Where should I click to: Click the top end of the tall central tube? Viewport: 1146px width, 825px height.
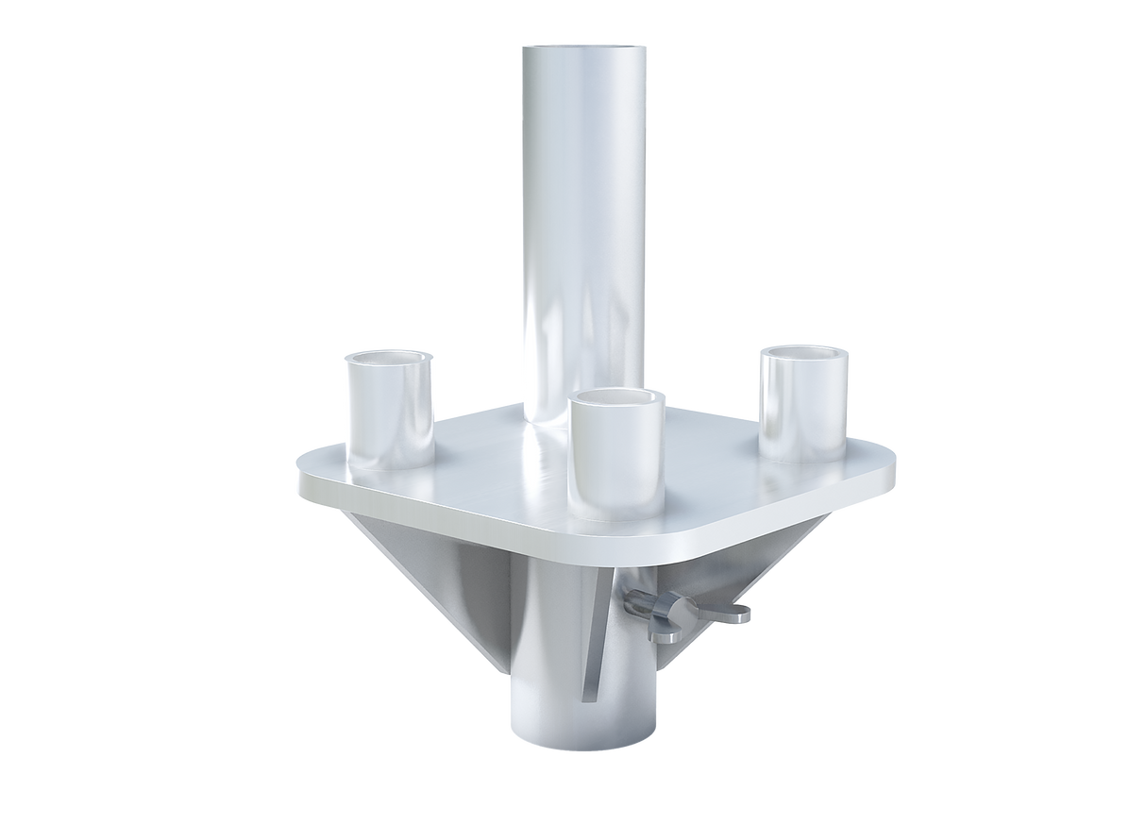click(583, 49)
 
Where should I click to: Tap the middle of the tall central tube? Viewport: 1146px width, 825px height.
click(583, 236)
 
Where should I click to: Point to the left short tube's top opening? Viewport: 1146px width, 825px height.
click(389, 359)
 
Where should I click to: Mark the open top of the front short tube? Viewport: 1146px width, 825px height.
click(617, 401)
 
